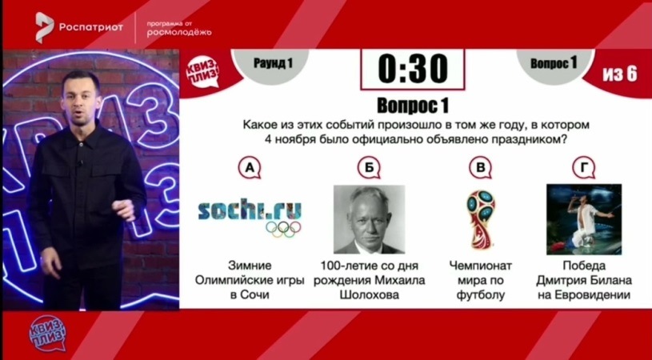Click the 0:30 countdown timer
click(x=413, y=69)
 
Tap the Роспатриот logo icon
click(x=44, y=27)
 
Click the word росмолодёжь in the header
click(x=179, y=33)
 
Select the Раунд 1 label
click(x=273, y=64)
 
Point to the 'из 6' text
click(x=619, y=74)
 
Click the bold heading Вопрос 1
click(x=413, y=106)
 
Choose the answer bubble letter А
click(x=250, y=168)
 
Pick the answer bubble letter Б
click(x=369, y=168)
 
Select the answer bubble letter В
click(x=480, y=168)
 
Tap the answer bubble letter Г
click(x=584, y=168)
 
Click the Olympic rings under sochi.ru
click(x=283, y=228)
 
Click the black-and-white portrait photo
click(x=369, y=219)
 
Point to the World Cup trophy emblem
click(x=481, y=219)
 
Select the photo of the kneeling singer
click(x=584, y=219)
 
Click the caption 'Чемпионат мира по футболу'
click(x=480, y=280)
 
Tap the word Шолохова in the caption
click(x=370, y=295)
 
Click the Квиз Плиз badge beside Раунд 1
click(x=202, y=74)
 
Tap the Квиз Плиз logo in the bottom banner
click(x=47, y=333)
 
